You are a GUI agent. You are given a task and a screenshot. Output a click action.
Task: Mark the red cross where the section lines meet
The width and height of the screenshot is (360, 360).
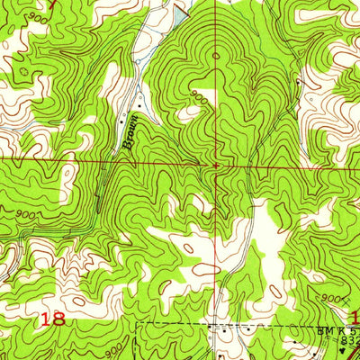(216, 166)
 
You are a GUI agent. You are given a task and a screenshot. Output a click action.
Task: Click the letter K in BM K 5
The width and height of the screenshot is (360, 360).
(337, 330)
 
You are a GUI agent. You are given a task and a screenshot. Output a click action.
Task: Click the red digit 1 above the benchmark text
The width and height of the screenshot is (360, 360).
(355, 317)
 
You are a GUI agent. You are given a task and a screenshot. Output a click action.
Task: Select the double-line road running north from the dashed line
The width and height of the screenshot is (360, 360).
(245, 270)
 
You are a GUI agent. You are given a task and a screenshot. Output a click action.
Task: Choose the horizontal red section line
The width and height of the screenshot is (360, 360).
(90, 161)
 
